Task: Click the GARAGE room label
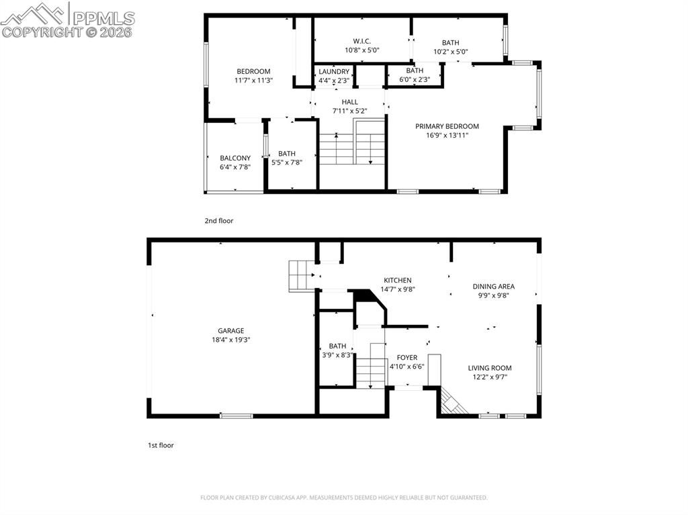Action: [x=230, y=330]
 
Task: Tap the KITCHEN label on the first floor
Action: [x=397, y=280]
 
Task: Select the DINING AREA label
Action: [x=493, y=286]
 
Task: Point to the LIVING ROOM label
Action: [x=490, y=367]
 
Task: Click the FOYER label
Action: [x=406, y=357]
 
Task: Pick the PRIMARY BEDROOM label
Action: [x=447, y=126]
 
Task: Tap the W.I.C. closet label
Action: [x=362, y=41]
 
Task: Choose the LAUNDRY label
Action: [x=334, y=72]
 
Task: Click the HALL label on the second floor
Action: [x=349, y=102]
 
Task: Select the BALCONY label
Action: [x=235, y=158]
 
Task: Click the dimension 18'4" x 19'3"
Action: [x=230, y=340]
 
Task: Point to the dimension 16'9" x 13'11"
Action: [x=447, y=135]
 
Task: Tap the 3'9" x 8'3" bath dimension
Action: [x=337, y=355]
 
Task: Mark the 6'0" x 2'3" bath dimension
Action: [x=415, y=79]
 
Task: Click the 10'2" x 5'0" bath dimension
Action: [x=450, y=51]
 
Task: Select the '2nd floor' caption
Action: [x=219, y=220]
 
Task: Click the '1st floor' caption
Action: [x=161, y=444]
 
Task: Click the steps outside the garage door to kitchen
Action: [x=302, y=275]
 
